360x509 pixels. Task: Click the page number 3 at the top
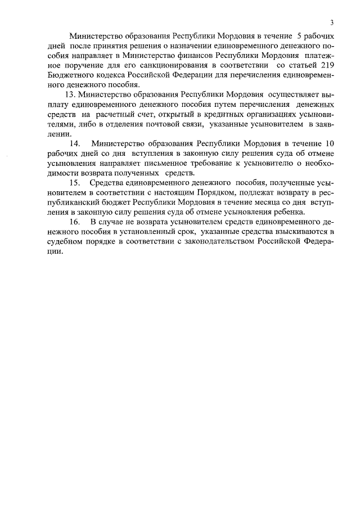point(332,22)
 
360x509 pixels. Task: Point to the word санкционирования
point(164,65)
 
